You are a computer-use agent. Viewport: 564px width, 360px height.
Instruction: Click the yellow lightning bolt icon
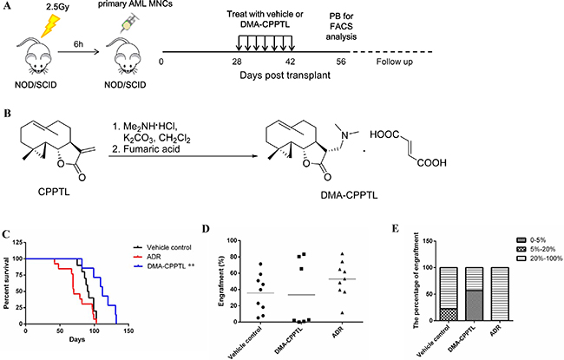[x=50, y=25]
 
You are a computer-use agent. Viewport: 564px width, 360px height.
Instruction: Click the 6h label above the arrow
[x=78, y=44]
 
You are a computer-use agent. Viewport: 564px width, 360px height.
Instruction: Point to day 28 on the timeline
[x=237, y=62]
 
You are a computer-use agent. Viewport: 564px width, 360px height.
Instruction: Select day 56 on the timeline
[x=341, y=62]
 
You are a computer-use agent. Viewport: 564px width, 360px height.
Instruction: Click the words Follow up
[x=394, y=62]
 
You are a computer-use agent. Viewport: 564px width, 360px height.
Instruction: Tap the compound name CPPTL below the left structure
[x=54, y=192]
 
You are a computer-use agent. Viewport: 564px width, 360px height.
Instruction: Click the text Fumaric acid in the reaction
[x=151, y=148]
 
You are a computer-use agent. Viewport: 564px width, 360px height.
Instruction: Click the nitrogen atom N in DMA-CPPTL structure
[x=345, y=135]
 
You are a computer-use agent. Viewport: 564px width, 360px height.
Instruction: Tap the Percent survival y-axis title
[x=6, y=283]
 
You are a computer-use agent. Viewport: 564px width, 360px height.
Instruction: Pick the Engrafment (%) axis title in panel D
[x=221, y=281]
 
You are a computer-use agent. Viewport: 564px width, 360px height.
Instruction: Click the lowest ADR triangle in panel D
[x=342, y=313]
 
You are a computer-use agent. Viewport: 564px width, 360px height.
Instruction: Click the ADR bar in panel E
[x=500, y=294]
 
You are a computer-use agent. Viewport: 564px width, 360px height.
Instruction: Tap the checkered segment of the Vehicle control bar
[x=449, y=314]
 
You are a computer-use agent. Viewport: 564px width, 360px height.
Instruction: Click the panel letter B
[x=7, y=114]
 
